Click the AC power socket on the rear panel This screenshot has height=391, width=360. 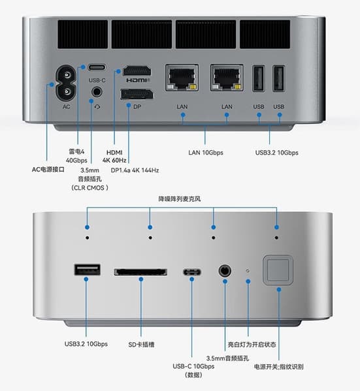point(66,84)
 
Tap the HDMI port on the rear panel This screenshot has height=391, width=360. point(137,71)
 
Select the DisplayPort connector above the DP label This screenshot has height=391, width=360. point(137,94)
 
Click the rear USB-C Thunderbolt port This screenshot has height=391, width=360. point(97,67)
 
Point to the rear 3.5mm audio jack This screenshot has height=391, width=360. point(97,92)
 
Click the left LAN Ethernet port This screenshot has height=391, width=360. point(182,78)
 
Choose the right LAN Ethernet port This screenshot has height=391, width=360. point(227,78)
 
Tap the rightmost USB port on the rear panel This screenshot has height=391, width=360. point(278,78)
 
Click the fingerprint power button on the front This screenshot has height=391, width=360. point(278,270)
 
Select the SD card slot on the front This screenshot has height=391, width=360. point(140,272)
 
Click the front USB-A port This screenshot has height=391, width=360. point(88,270)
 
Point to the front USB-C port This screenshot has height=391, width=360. point(191,272)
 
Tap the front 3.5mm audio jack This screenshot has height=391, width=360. point(225,271)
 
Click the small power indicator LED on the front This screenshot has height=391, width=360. point(248,270)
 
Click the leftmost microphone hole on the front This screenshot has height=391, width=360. point(87,238)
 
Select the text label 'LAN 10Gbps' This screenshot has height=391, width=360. point(206,153)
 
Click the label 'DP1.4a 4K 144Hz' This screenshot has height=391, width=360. point(135,170)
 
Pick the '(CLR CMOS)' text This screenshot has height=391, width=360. point(90,188)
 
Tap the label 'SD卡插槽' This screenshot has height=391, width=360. point(141,345)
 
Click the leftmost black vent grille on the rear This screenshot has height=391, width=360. point(83,35)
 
